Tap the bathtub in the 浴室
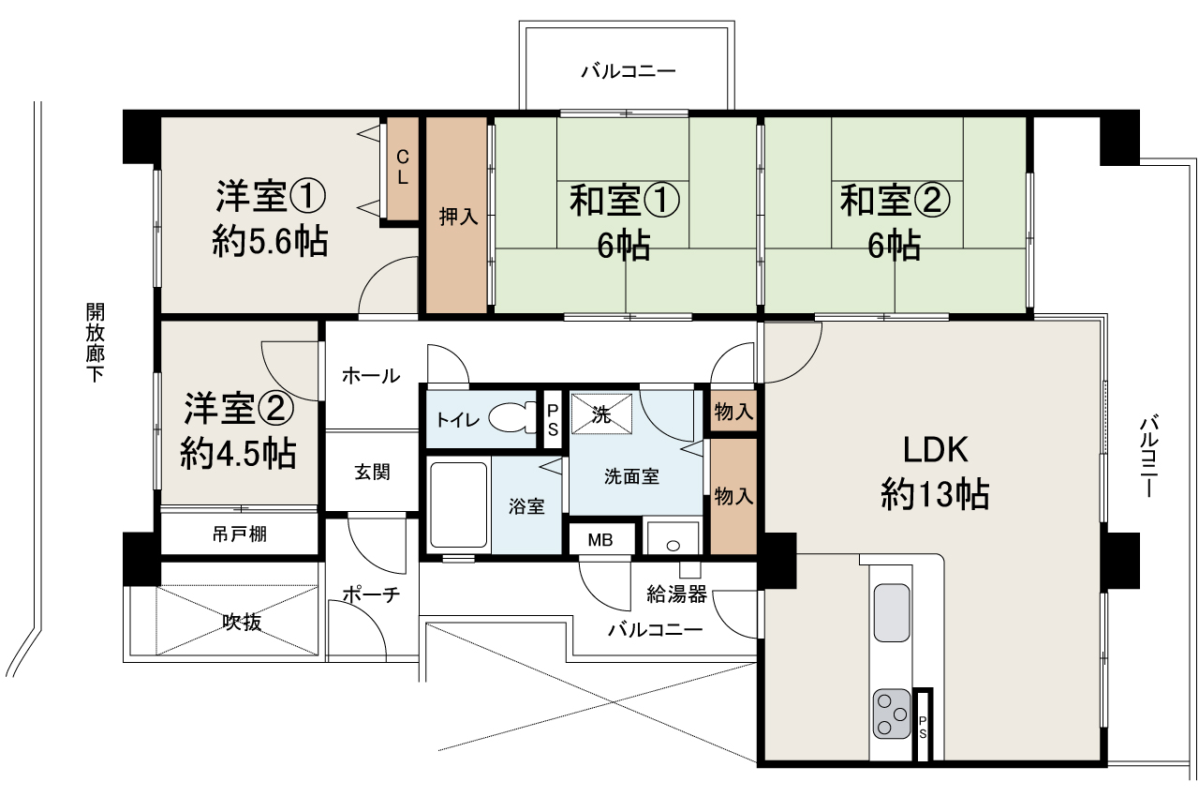(x=458, y=506)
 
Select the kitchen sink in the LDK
(x=892, y=613)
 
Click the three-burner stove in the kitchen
(x=892, y=714)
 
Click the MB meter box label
(x=599, y=540)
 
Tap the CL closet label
(x=402, y=168)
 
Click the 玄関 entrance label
(x=372, y=473)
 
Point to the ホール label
(x=371, y=376)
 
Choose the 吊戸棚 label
(x=240, y=534)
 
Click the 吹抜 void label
(x=241, y=621)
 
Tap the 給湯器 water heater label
(x=676, y=593)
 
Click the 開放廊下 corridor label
(x=95, y=343)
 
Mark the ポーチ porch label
(x=371, y=594)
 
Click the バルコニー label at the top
(x=628, y=71)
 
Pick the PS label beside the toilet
(x=553, y=418)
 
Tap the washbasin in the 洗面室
(x=671, y=538)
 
